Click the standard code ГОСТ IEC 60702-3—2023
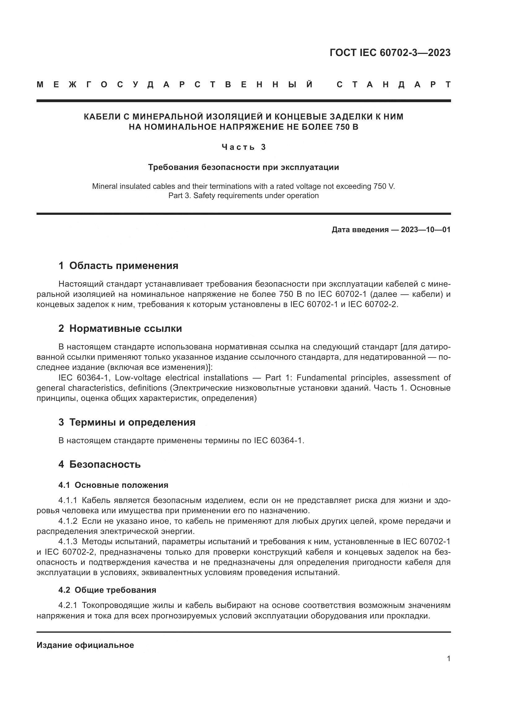[390, 53]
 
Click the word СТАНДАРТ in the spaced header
[393, 85]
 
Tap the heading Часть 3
[244, 147]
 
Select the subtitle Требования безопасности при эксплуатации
[243, 167]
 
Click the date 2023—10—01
[426, 230]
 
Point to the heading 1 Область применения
[118, 266]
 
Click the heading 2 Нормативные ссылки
[120, 329]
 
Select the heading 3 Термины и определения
[127, 422]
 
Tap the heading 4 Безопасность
[99, 464]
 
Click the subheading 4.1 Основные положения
[113, 485]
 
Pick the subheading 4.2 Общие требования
[107, 590]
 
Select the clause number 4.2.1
[68, 605]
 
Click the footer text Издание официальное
[85, 645]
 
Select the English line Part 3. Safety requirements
[243, 196]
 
